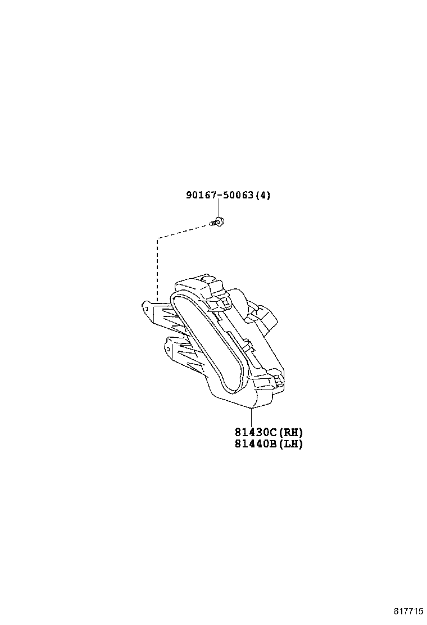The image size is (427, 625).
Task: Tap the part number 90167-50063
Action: [x=220, y=195]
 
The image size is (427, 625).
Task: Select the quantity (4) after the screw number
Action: [x=262, y=195]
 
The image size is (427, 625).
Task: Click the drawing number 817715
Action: [x=408, y=612]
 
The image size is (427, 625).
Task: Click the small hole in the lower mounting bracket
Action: [x=169, y=349]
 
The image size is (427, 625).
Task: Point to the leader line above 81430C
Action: [x=251, y=418]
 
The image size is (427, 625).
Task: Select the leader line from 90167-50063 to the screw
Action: [x=219, y=209]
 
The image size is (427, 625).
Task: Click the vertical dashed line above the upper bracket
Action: [x=158, y=269]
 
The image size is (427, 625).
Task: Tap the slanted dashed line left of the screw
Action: [x=184, y=232]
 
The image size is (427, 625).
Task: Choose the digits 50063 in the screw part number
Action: [x=237, y=195]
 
